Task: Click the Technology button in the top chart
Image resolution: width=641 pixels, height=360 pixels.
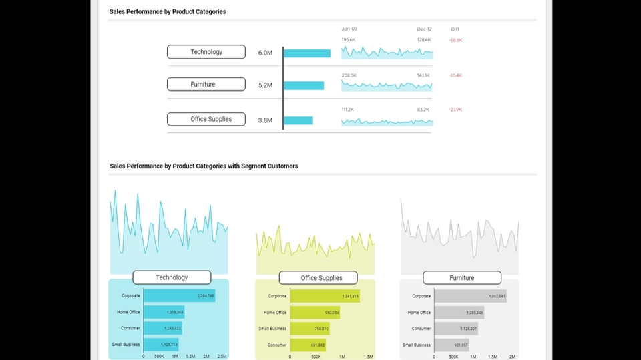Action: (x=206, y=52)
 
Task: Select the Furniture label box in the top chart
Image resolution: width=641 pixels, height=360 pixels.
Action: (x=206, y=85)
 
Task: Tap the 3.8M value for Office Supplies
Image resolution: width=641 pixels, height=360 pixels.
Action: (x=265, y=121)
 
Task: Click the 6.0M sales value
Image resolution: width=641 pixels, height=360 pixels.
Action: (x=265, y=53)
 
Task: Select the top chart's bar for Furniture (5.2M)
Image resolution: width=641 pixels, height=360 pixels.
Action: (x=304, y=86)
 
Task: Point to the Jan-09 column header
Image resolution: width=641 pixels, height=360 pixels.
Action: (x=349, y=29)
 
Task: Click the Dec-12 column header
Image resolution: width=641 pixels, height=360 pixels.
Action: (x=425, y=29)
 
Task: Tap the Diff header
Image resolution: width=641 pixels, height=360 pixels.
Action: (x=455, y=29)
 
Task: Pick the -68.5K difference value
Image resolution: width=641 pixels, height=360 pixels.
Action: (x=455, y=41)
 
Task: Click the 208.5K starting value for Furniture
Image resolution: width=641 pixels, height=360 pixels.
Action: (x=349, y=75)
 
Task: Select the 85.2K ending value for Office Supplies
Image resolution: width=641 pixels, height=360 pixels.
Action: (x=423, y=110)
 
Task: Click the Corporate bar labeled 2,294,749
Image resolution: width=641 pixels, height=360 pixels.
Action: (x=179, y=295)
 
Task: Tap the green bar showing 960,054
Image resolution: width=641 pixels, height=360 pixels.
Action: (x=316, y=313)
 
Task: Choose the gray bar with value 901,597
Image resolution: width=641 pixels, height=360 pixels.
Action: (x=451, y=345)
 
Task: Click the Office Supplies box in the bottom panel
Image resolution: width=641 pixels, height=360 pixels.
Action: (x=318, y=278)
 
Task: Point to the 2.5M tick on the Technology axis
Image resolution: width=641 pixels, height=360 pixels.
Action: (x=222, y=357)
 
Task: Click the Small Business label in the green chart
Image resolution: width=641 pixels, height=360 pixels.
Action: (x=272, y=329)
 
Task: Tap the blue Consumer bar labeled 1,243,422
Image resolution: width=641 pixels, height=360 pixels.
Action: (x=163, y=329)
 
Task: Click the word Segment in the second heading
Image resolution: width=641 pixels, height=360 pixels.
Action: (x=254, y=166)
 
